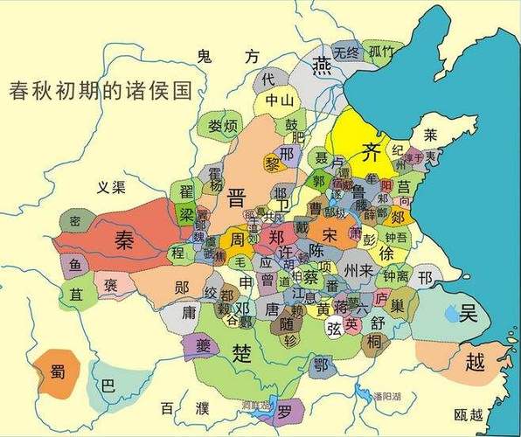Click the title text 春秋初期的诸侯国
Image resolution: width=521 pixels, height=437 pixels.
99,90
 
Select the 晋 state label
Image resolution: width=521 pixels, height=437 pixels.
236,195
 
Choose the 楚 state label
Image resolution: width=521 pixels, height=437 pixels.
240,352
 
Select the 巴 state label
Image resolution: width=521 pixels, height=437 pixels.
108,385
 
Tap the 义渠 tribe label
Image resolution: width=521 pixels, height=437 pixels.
111,186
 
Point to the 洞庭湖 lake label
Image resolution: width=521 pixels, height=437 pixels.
255,405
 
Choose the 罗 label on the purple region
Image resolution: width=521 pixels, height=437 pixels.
284,409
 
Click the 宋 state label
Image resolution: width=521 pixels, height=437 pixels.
329,235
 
